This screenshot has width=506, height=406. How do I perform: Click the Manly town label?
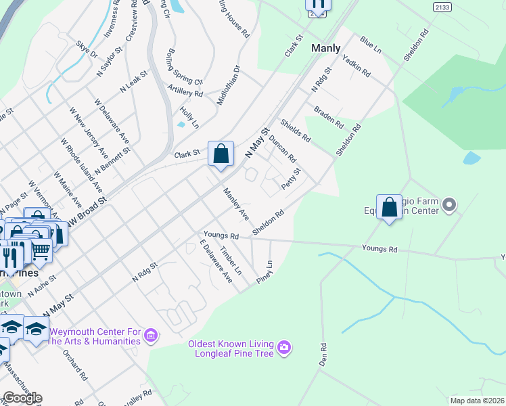[x=325, y=48]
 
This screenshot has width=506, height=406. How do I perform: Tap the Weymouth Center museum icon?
[x=151, y=335]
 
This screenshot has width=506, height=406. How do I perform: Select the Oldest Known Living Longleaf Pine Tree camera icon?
[x=284, y=347]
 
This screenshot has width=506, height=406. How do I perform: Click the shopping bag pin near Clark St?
[x=221, y=154]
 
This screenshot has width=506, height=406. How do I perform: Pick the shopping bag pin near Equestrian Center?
[x=390, y=208]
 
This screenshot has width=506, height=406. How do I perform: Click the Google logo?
[x=22, y=398]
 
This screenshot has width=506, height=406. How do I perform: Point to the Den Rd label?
[x=324, y=355]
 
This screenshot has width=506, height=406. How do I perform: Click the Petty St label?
[x=291, y=180]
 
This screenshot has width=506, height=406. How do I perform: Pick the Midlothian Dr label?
[x=229, y=85]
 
